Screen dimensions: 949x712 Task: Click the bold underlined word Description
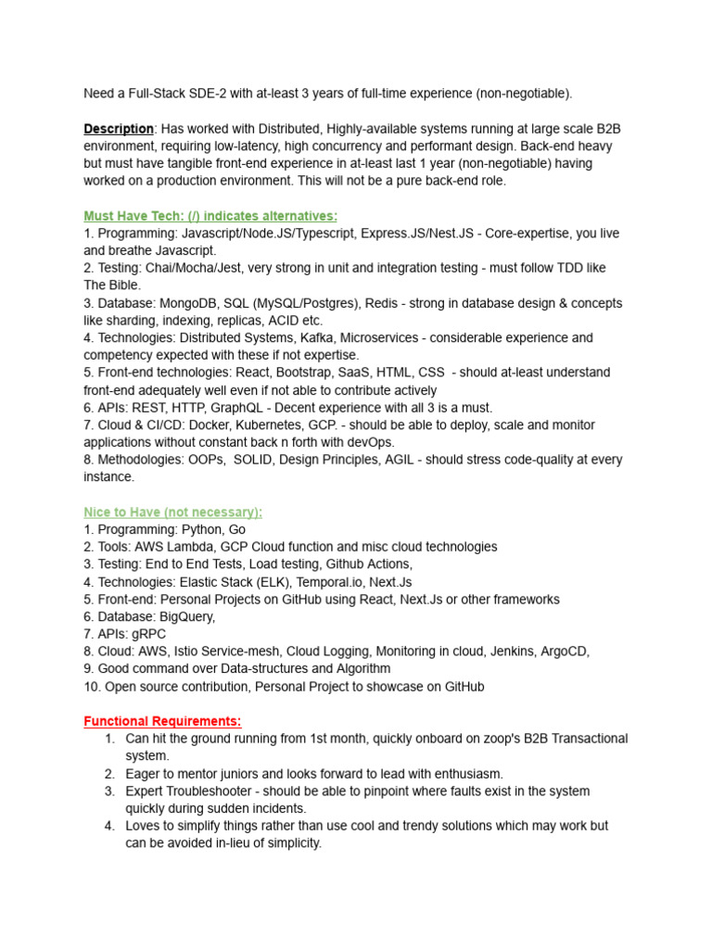(119, 129)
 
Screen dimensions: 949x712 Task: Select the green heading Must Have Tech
(210, 216)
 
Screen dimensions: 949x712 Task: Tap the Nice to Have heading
(173, 512)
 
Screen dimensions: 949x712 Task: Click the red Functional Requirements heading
(162, 721)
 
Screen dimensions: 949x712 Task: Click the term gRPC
(147, 634)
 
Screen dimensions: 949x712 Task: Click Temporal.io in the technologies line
(329, 582)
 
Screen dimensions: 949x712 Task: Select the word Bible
(125, 285)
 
